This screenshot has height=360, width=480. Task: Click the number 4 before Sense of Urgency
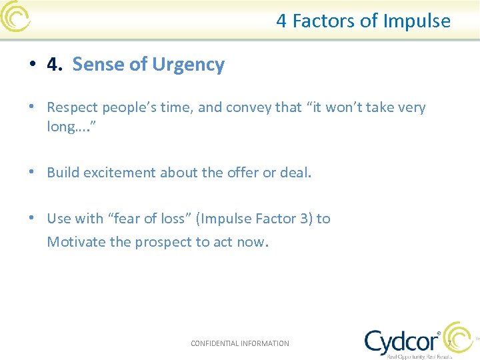pos(53,65)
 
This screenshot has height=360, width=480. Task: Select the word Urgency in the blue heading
pos(188,65)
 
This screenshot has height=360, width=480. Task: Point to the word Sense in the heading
pos(94,65)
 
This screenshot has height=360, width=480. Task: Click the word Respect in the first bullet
pos(72,107)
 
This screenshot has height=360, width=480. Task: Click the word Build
pos(61,173)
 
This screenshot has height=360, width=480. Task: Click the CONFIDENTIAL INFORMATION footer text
pos(240,343)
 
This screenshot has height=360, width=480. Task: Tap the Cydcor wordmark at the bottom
pos(402,341)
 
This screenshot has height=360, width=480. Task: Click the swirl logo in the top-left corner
pos(15,17)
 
